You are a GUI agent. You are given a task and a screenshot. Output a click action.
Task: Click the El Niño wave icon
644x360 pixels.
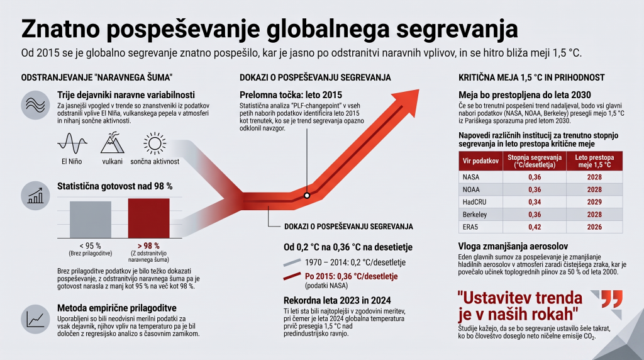point(72,143)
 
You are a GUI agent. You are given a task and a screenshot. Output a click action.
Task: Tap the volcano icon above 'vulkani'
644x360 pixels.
point(112,143)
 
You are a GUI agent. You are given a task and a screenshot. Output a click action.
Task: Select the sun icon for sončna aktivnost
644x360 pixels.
point(155,143)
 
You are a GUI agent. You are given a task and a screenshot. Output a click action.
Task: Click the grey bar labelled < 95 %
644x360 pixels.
point(91,220)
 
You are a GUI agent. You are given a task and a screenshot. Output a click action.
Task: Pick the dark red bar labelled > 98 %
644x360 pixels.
point(148,218)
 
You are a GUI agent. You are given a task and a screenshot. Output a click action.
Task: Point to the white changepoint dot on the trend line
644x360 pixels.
point(307,196)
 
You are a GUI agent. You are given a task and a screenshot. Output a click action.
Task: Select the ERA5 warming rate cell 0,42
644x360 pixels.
point(535,227)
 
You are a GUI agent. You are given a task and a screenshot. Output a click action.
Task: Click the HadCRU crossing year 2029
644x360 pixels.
point(594,202)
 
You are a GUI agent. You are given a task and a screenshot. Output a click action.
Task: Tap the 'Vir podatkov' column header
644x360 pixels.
point(480,161)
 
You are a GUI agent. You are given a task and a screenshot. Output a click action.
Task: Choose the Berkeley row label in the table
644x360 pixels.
point(475,215)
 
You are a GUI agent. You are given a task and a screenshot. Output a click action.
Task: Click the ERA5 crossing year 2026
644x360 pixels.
point(594,227)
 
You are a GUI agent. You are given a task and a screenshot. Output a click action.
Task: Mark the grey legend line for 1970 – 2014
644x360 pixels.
point(292,262)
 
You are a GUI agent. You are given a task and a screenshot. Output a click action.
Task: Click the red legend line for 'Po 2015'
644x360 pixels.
point(292,276)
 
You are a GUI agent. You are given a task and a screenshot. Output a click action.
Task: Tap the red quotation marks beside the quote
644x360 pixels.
point(612,299)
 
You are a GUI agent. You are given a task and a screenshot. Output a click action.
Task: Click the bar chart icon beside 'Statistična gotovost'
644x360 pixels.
point(35,196)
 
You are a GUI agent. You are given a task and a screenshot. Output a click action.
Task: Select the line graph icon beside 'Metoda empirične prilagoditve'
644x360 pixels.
point(35,319)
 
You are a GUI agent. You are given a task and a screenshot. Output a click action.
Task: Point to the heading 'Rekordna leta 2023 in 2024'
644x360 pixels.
point(337,300)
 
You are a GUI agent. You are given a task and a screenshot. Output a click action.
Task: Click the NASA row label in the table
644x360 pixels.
point(471,177)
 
